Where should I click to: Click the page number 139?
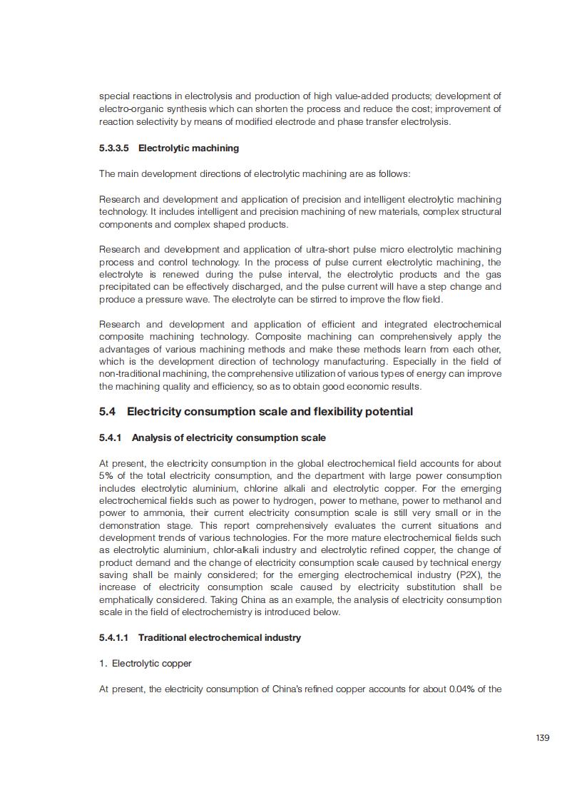[542, 737]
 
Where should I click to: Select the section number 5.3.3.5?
[114, 148]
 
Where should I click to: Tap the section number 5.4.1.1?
[114, 637]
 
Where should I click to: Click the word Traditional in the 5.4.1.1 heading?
[163, 637]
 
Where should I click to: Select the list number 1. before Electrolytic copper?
[103, 663]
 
